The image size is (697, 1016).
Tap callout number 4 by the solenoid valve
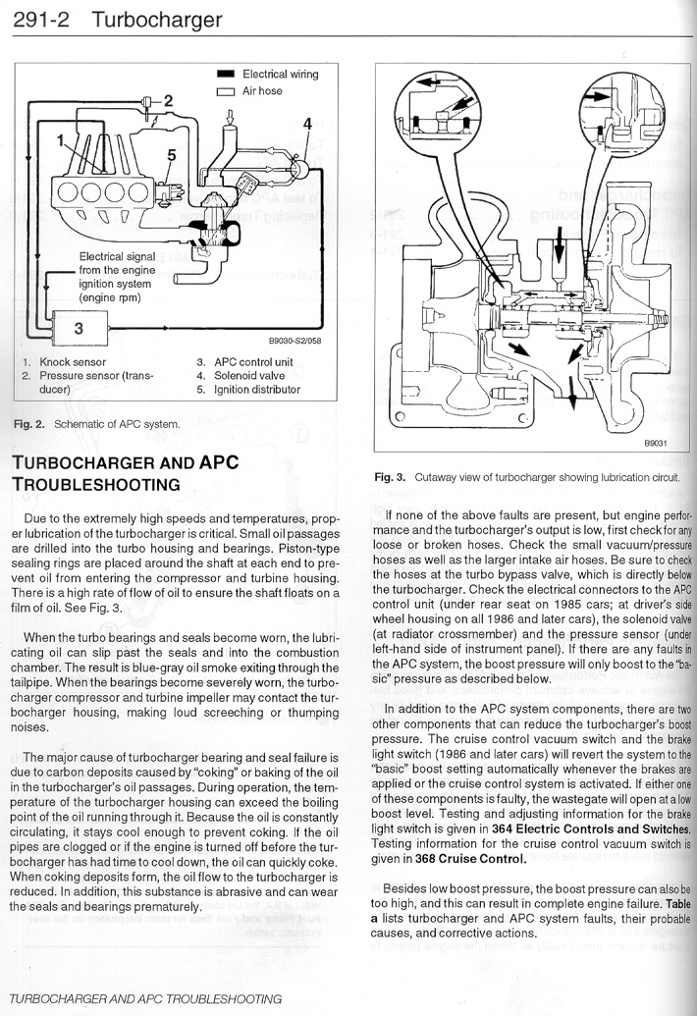307,125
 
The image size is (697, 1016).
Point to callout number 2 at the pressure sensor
168,99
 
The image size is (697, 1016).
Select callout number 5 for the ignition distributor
172,155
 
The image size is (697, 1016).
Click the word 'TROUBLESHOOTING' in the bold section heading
95,484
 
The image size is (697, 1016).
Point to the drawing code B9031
656,443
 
